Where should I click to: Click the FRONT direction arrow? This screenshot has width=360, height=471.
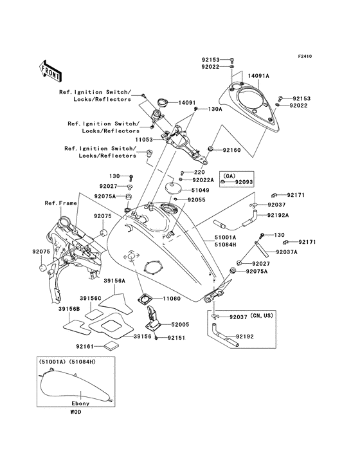point(51,66)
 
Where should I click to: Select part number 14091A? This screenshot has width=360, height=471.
point(258,76)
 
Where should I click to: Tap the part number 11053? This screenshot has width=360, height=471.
point(144,138)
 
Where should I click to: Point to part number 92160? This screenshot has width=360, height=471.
point(231,150)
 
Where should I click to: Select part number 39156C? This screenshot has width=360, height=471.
point(91,299)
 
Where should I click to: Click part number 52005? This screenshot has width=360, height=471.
point(179,326)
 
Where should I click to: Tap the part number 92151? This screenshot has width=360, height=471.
point(177,337)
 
